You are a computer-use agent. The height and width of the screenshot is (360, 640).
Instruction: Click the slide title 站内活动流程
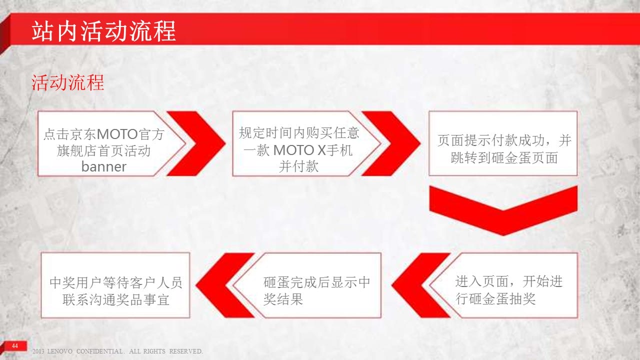(x=103, y=31)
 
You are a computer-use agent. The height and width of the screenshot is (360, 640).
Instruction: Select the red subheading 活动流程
(x=67, y=83)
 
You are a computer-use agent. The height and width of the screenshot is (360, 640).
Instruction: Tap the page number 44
(x=15, y=345)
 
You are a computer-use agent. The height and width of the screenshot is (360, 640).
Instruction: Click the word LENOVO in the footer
(x=60, y=351)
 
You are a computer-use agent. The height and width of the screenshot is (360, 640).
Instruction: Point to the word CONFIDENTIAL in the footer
(x=100, y=351)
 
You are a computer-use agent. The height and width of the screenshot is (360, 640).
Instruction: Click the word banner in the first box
(x=103, y=166)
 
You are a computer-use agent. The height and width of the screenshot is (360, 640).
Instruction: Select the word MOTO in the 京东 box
(x=117, y=134)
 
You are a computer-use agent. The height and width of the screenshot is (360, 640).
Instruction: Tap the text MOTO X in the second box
(x=299, y=150)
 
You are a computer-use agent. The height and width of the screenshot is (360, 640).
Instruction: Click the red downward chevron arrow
(x=503, y=210)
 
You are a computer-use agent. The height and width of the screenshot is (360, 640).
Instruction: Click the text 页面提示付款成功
(x=491, y=140)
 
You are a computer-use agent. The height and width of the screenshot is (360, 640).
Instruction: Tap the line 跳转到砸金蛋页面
(x=504, y=157)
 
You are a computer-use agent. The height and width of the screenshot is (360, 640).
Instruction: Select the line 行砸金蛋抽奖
(x=495, y=299)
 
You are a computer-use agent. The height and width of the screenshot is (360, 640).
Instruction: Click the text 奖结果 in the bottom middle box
(x=283, y=299)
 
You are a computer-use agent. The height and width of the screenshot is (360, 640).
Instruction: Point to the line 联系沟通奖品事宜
(x=115, y=299)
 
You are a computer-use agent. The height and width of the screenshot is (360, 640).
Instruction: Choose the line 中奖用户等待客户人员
(x=115, y=282)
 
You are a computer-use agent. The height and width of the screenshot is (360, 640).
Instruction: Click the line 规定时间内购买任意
(x=299, y=133)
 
